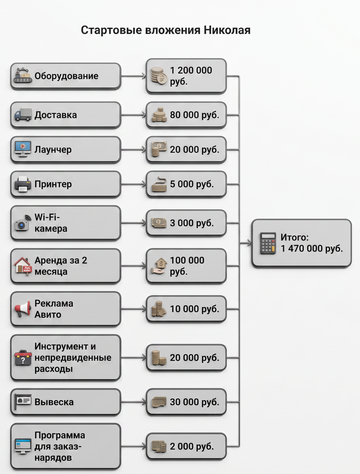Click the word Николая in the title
click(x=227, y=30)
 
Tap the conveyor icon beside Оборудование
click(x=23, y=75)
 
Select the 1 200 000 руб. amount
click(x=191, y=76)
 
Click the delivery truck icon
click(x=23, y=115)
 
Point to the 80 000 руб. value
click(x=194, y=115)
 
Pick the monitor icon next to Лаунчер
click(x=23, y=149)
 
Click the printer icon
click(x=22, y=184)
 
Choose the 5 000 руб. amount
click(x=192, y=184)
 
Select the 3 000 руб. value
click(x=192, y=223)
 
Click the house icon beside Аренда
click(x=23, y=266)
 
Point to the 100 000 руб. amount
click(x=187, y=266)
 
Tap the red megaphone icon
click(x=23, y=309)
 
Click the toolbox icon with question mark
click(x=23, y=358)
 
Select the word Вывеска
click(x=54, y=402)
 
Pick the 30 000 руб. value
click(x=194, y=402)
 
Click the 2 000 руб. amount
click(x=192, y=446)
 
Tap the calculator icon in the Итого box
click(x=268, y=243)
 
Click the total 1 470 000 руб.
click(x=312, y=248)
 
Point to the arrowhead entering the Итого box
click(x=249, y=243)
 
